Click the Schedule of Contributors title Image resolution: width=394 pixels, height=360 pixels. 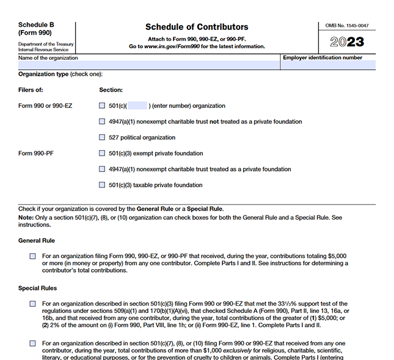click(197, 27)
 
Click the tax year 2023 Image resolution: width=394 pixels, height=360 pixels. click(347, 42)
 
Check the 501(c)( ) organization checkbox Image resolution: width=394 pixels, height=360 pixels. click(102, 106)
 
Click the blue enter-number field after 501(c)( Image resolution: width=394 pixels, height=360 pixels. click(137, 106)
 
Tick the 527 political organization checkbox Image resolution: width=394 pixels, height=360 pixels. click(102, 137)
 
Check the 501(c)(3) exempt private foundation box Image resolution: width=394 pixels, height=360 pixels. click(102, 153)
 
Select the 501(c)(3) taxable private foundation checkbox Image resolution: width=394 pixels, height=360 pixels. click(102, 185)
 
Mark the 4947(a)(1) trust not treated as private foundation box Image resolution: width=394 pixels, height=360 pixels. click(102, 121)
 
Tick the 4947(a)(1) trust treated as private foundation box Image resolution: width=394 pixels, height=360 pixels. click(102, 169)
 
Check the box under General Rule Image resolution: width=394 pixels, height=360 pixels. click(32, 256)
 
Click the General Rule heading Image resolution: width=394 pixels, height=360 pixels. click(37, 240)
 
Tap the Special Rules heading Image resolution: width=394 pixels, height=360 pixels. click(38, 288)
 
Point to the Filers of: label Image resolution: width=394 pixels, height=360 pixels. click(31, 90)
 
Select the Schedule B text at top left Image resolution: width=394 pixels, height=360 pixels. click(35, 26)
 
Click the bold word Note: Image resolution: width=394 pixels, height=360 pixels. click(26, 218)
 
